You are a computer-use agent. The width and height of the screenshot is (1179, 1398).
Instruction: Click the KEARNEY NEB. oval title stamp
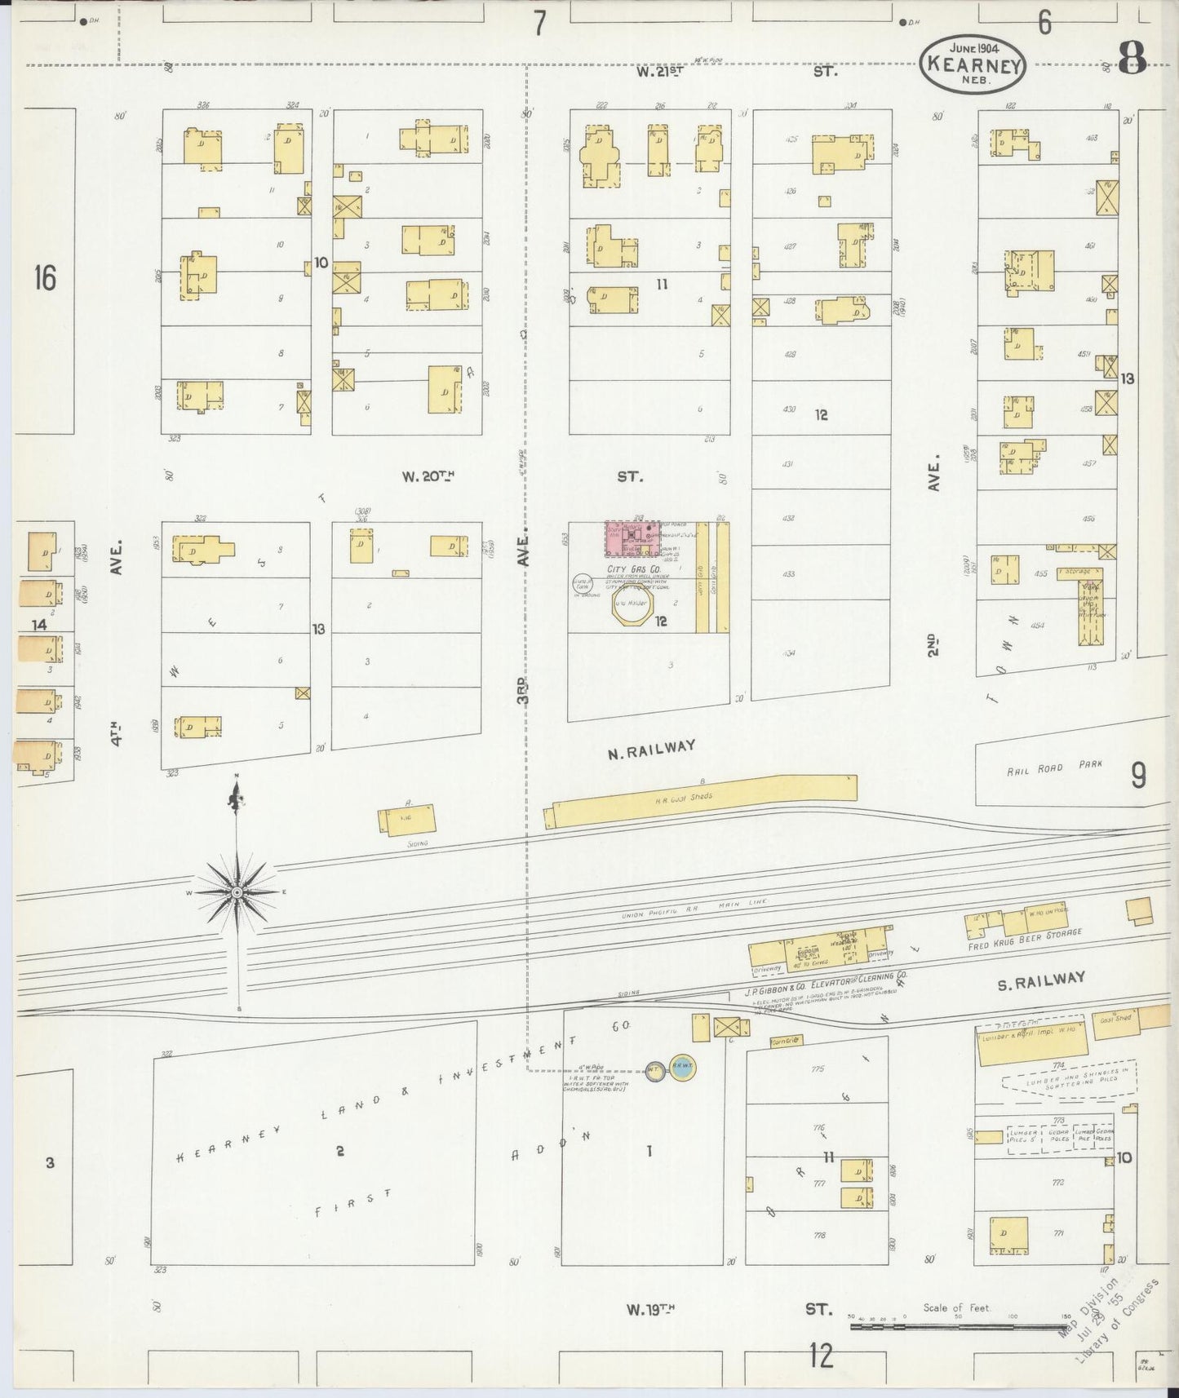click(x=973, y=66)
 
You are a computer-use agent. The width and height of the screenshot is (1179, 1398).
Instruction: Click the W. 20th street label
click(x=428, y=477)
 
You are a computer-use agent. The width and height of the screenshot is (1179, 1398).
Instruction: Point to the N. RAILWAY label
click(x=650, y=749)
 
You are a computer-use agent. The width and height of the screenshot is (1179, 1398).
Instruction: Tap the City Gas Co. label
click(x=627, y=568)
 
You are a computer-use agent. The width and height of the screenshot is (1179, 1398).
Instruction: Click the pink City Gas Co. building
click(x=632, y=539)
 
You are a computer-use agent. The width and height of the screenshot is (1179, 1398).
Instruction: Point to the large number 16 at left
click(x=45, y=279)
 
